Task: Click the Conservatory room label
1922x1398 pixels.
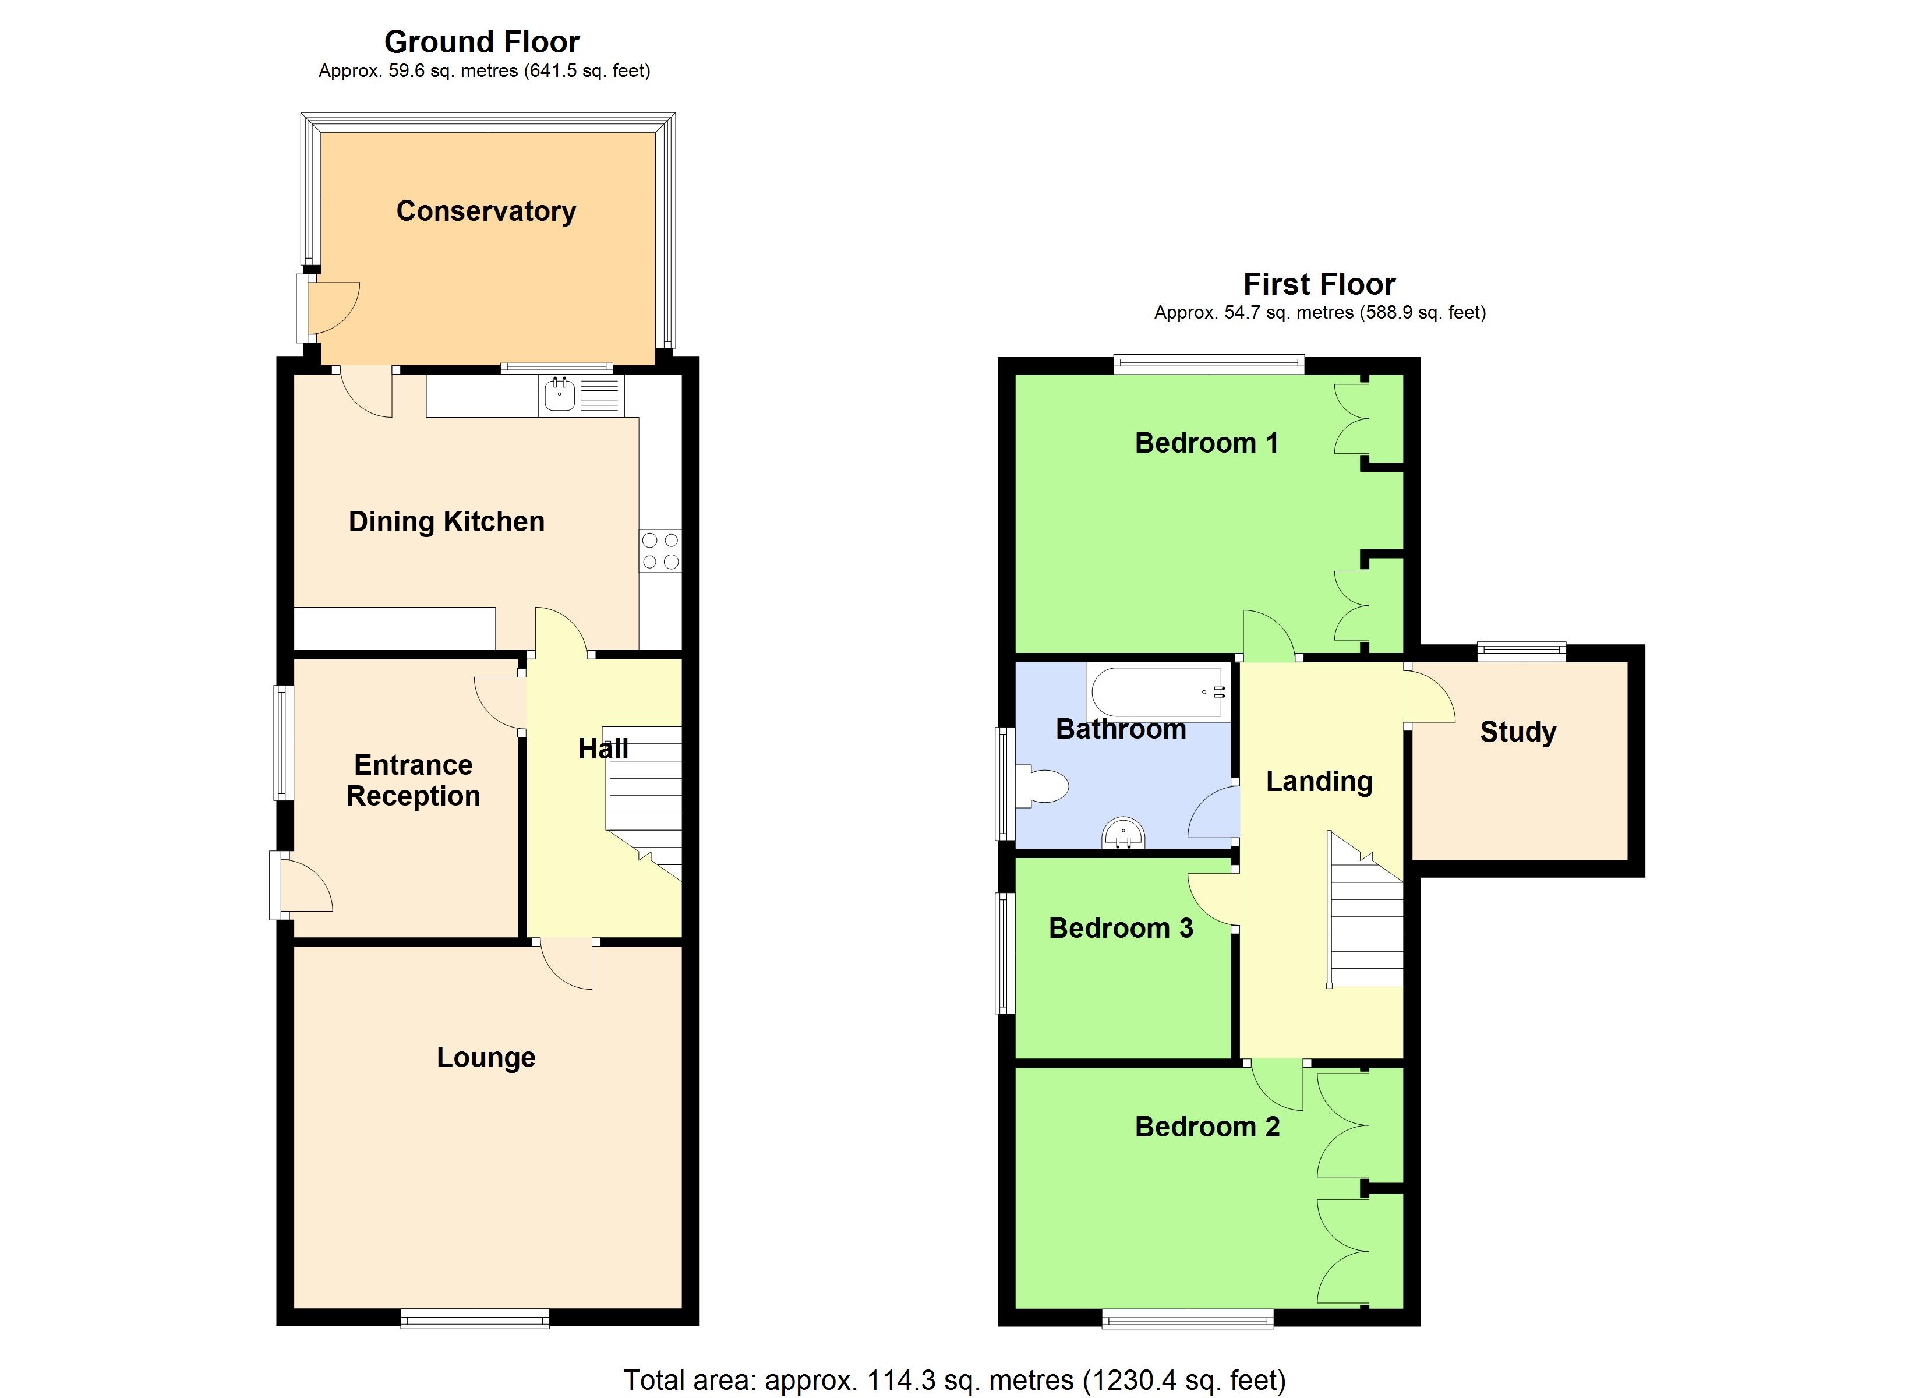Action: [486, 211]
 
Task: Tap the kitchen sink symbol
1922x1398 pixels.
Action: [559, 395]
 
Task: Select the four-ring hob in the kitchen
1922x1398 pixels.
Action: [660, 550]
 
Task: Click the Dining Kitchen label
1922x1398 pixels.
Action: [447, 521]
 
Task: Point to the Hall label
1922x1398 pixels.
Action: [603, 749]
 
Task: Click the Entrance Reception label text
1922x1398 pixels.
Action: [414, 781]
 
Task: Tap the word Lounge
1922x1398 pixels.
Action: [486, 1057]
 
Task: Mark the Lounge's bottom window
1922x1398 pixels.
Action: [475, 1316]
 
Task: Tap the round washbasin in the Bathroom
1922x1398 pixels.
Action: [1123, 834]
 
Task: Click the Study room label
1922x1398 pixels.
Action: [1518, 732]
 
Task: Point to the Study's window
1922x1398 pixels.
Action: [1521, 651]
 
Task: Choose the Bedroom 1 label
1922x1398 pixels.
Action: [1206, 443]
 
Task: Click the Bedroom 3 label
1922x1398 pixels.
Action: [1121, 929]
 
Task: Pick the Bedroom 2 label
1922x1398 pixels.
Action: [1207, 1127]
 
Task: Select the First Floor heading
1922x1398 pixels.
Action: [1319, 284]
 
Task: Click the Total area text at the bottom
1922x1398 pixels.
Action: [954, 1380]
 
